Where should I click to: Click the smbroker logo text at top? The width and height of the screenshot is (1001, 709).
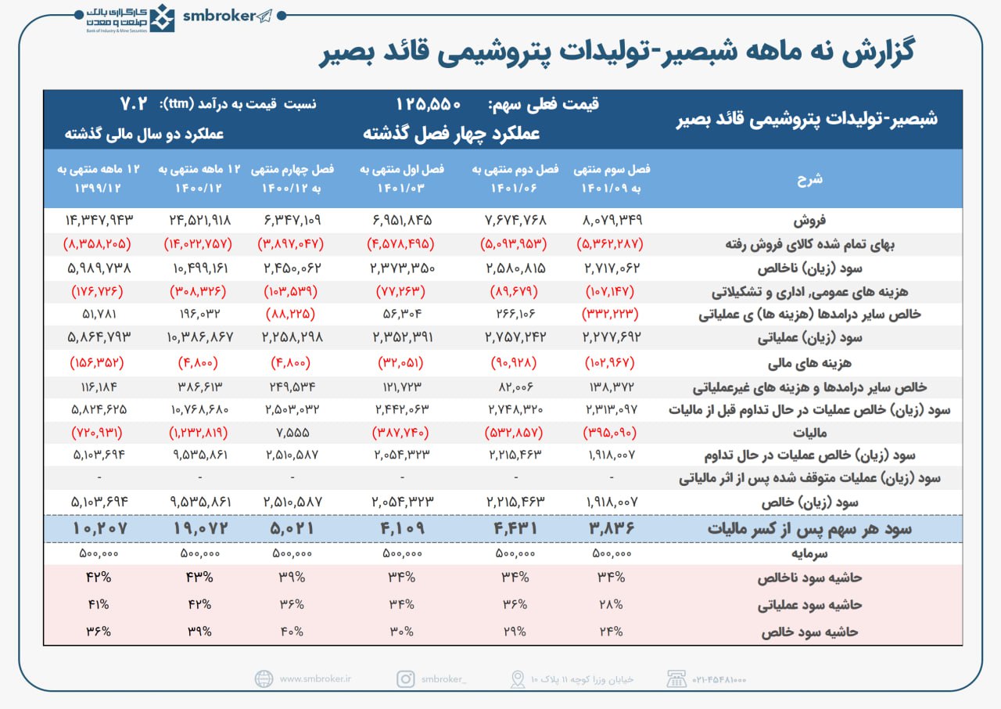219,16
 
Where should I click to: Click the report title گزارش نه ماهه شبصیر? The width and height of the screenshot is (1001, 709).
617,52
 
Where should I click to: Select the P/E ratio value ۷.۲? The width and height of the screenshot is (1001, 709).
134,104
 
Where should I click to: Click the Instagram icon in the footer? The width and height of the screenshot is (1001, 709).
405,678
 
